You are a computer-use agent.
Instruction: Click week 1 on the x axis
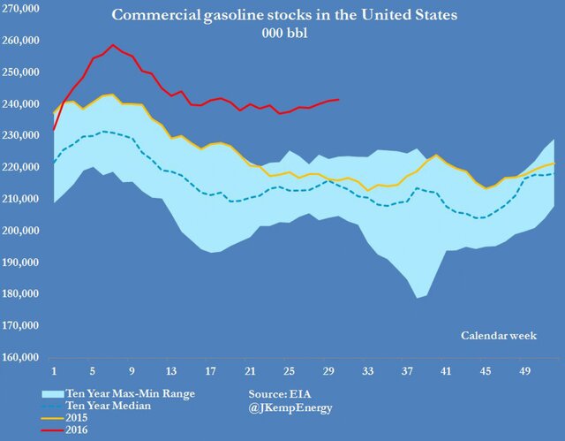[54, 371]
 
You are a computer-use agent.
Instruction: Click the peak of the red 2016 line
[112, 45]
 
